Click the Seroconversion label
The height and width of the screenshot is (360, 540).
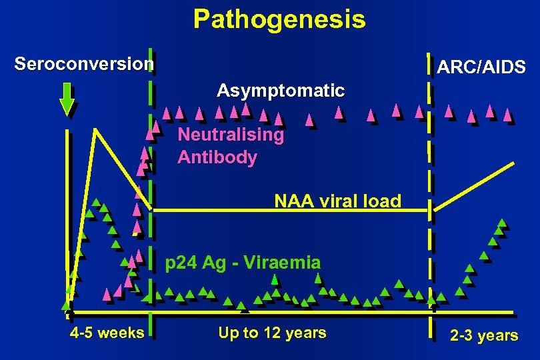pyautogui.click(x=84, y=64)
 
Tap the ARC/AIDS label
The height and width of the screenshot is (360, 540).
pyautogui.click(x=480, y=67)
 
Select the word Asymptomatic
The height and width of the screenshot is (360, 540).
pyautogui.click(x=281, y=90)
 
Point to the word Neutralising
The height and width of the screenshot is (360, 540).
pyautogui.click(x=231, y=135)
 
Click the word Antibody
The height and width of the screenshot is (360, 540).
pyautogui.click(x=217, y=158)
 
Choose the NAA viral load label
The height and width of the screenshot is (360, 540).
pyautogui.click(x=338, y=201)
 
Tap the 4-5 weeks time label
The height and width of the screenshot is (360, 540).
pyautogui.click(x=107, y=332)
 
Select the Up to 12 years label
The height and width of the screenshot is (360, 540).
pyautogui.click(x=272, y=333)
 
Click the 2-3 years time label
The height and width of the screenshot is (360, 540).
pyautogui.click(x=484, y=335)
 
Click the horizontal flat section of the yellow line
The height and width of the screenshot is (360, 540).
pyautogui.click(x=287, y=211)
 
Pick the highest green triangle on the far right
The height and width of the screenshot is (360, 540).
pyautogui.click(x=501, y=223)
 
